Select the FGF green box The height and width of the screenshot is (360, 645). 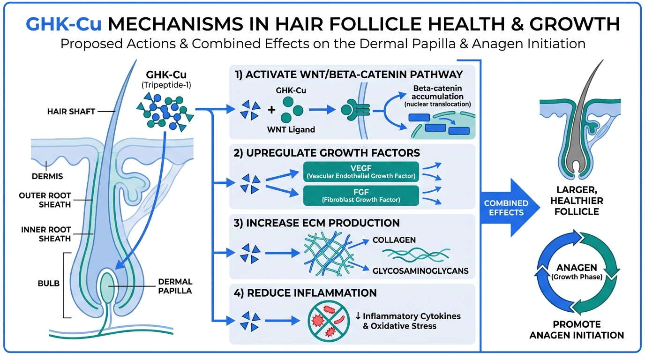360,195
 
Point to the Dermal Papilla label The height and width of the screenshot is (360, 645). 176,286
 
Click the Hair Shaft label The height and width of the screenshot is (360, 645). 71,112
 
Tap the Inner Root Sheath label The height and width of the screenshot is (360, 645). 46,234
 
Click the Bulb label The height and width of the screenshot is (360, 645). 49,284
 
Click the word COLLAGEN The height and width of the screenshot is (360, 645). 394,240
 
